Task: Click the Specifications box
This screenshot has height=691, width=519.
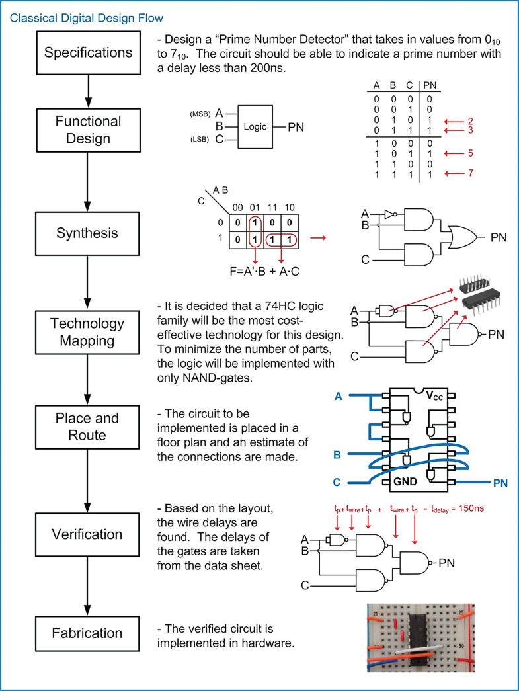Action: coord(88,53)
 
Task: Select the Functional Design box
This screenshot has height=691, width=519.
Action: coord(88,130)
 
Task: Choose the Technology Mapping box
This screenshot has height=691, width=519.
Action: coord(88,332)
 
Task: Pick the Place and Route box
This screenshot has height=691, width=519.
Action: coord(88,427)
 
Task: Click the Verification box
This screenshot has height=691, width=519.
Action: coord(88,534)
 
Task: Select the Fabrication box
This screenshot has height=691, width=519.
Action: coord(88,633)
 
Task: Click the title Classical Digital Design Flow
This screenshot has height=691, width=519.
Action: coord(86,17)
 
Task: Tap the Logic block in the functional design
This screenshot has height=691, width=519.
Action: coord(255,126)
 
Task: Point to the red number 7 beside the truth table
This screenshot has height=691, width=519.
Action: coord(470,174)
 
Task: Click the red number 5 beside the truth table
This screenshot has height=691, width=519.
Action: coord(470,153)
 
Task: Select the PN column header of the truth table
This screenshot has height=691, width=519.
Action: coord(430,85)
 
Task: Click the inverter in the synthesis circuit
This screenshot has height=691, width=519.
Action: coord(391,214)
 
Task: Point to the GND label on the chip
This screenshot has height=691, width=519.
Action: coord(405,482)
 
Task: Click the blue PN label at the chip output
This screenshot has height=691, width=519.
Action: coord(500,483)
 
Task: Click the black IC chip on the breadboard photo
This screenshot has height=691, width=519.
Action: coord(418,637)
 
